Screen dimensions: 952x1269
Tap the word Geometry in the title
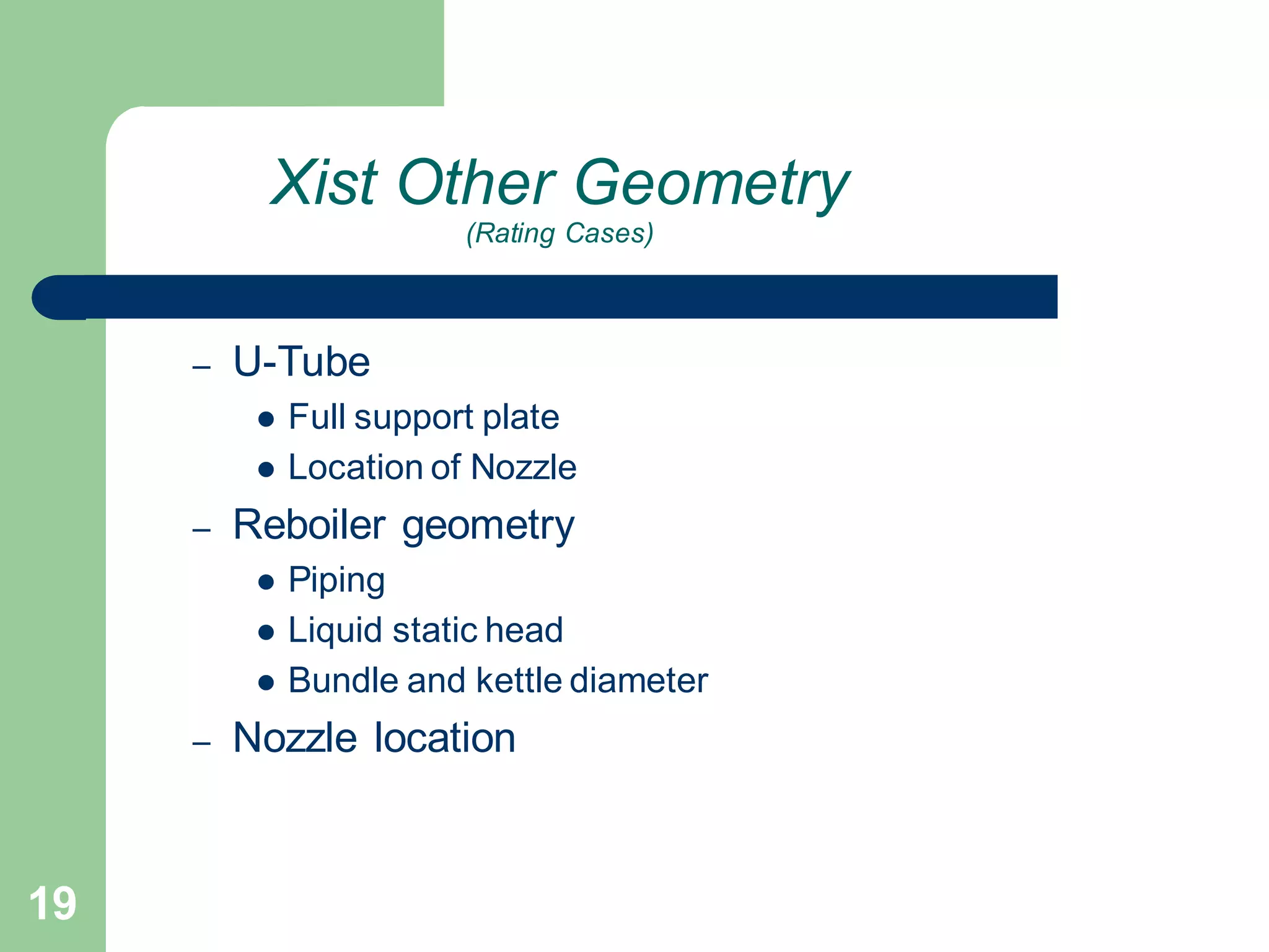(x=713, y=183)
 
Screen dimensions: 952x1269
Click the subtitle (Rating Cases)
(x=560, y=234)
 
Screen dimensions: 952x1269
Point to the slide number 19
(x=53, y=904)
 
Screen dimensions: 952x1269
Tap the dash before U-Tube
(x=201, y=367)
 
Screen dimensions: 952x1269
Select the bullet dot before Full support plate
(x=266, y=420)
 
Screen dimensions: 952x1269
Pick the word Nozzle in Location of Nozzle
(x=524, y=467)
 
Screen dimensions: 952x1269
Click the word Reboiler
(x=309, y=525)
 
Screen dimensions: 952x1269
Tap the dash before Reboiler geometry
(x=201, y=531)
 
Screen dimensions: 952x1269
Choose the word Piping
(x=336, y=581)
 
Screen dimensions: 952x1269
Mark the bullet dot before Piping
(x=266, y=582)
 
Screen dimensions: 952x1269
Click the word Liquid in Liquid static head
(x=334, y=631)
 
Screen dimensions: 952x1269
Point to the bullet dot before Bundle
(x=266, y=683)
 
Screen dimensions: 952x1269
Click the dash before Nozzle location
(x=201, y=743)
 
